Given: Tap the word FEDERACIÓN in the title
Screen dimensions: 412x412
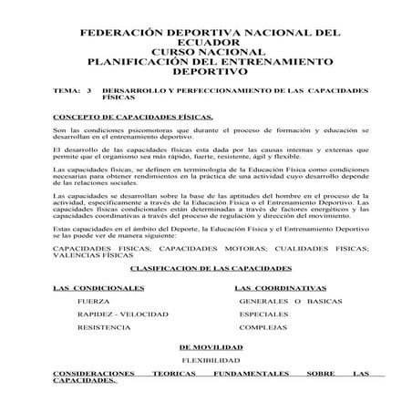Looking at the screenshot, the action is pyautogui.click(x=129, y=31).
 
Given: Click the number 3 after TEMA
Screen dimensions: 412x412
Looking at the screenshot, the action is pyautogui.click(x=88, y=92).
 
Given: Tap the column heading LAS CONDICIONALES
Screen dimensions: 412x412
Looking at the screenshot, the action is pyautogui.click(x=98, y=287).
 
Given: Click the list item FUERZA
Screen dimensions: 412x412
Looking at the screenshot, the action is pyautogui.click(x=94, y=300).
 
